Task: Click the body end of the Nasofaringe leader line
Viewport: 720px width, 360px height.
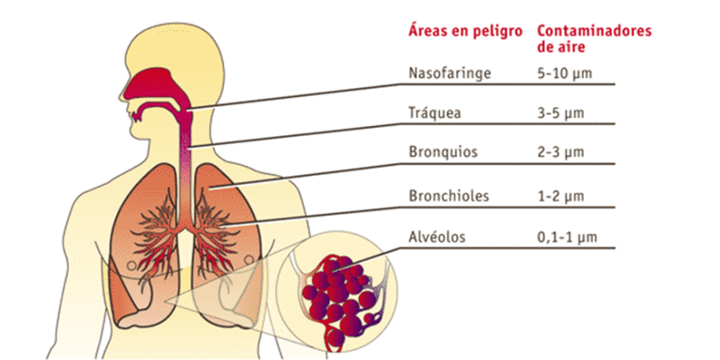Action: pyautogui.click(x=188, y=111)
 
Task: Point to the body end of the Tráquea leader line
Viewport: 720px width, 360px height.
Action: pyautogui.click(x=188, y=147)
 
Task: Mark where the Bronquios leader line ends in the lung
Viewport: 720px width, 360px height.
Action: pyautogui.click(x=208, y=187)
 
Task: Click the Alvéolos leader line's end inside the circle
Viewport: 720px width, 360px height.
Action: pyautogui.click(x=333, y=272)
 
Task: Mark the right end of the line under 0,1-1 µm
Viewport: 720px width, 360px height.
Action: pyautogui.click(x=615, y=249)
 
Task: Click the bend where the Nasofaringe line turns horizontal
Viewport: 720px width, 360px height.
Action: pyautogui.click(x=399, y=85)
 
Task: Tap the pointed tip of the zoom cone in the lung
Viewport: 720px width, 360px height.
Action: pyautogui.click(x=165, y=301)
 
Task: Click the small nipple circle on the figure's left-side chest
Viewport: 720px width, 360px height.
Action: pyautogui.click(x=131, y=266)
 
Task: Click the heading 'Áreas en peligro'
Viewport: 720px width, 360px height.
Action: pyautogui.click(x=465, y=31)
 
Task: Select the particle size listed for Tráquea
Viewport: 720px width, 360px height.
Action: pyautogui.click(x=561, y=113)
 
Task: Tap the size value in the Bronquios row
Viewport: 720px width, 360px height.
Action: pyautogui.click(x=561, y=152)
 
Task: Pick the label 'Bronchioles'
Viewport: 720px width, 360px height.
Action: pyautogui.click(x=448, y=196)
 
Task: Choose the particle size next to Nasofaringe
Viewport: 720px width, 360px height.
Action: pyautogui.click(x=564, y=74)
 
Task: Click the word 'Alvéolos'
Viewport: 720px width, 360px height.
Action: pyautogui.click(x=436, y=237)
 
